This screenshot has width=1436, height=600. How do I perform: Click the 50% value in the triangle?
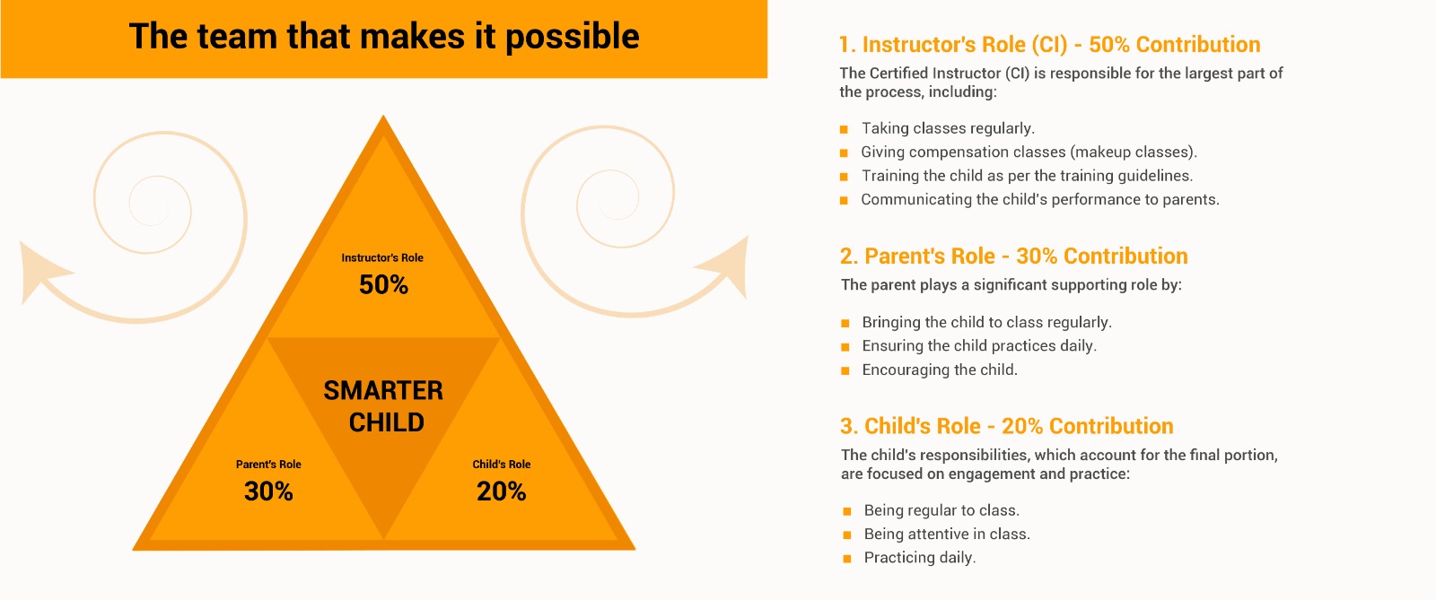click(383, 285)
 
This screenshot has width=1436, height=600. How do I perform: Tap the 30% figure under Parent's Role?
click(268, 491)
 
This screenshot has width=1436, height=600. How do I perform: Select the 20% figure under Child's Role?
click(502, 491)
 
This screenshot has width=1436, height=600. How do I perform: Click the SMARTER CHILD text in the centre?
click(384, 406)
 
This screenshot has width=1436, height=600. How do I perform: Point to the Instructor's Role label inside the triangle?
click(382, 258)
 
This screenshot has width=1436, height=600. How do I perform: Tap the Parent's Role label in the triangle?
click(268, 465)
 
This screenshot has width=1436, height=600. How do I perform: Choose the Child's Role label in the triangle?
click(502, 465)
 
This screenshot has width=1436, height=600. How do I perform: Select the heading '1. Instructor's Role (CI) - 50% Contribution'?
click(1050, 45)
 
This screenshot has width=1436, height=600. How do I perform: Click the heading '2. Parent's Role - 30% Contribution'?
click(1013, 257)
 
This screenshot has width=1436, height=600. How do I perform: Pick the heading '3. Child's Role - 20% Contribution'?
click(1006, 427)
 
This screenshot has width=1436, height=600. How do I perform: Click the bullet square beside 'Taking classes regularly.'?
click(844, 129)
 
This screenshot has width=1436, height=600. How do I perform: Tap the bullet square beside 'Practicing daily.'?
click(847, 559)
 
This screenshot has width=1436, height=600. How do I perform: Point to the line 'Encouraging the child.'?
click(940, 370)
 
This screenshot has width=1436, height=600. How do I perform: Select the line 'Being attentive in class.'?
click(947, 534)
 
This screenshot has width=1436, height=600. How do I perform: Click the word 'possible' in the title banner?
click(572, 37)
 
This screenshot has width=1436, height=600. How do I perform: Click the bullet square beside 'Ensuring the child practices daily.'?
click(845, 347)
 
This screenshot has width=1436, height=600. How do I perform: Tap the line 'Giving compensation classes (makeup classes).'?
click(1029, 152)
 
